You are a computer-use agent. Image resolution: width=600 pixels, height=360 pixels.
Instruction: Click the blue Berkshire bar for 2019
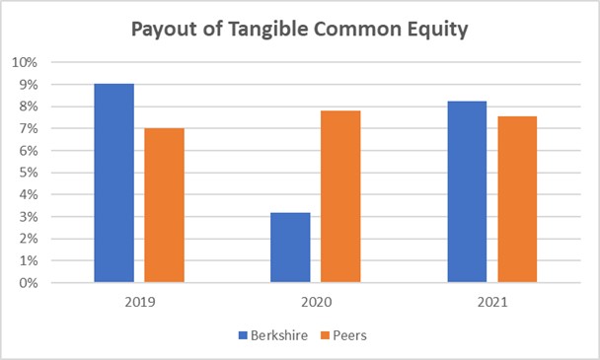pos(113,183)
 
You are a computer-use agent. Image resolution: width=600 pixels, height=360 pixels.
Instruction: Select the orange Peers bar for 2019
pos(164,205)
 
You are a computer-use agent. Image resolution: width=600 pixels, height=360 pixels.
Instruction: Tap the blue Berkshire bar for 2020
pos(290,248)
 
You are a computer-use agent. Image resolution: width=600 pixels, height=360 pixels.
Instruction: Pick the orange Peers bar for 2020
pos(340,196)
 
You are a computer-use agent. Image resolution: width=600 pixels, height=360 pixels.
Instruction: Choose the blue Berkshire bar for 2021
pos(467,191)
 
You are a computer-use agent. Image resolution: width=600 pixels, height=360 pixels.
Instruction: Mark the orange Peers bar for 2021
pos(517,199)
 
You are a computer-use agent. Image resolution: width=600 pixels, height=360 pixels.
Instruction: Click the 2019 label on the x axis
pos(139,302)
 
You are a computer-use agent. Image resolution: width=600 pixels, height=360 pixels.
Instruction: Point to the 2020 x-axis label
pos(315,302)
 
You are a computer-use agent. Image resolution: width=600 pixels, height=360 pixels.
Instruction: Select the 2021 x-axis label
pos(491,302)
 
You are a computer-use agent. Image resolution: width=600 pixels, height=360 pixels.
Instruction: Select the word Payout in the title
pos(163,30)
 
